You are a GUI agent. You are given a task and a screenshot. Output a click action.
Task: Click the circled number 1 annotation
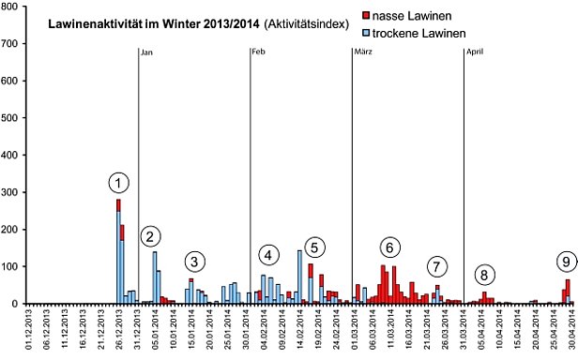point(119,182)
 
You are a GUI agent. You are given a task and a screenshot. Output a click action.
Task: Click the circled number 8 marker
point(483,275)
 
